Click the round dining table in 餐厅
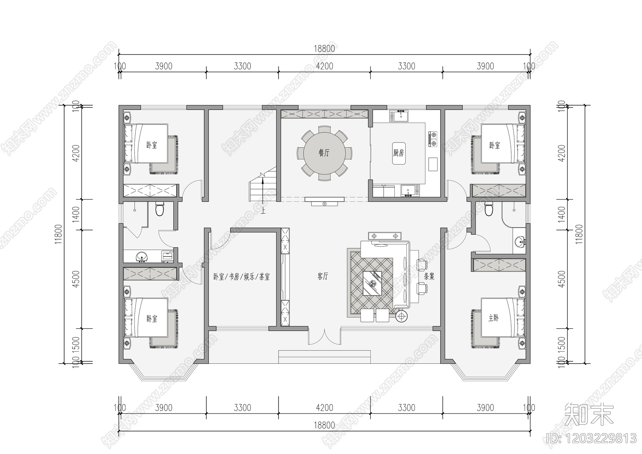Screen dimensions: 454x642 pyautogui.click(x=324, y=153)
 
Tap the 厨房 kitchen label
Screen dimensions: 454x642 pyautogui.click(x=398, y=153)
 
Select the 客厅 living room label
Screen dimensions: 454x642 pyautogui.click(x=323, y=277)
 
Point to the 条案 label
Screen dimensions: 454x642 pyautogui.click(x=429, y=277)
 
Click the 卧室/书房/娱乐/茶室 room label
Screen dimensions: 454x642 pyautogui.click(x=242, y=277)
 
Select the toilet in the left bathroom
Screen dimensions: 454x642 pyautogui.click(x=160, y=209)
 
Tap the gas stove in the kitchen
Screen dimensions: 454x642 pyautogui.click(x=433, y=138)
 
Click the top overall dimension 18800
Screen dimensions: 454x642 pyautogui.click(x=324, y=49)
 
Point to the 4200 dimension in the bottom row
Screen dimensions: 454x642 pyautogui.click(x=324, y=408)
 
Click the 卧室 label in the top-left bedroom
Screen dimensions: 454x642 pyautogui.click(x=152, y=145)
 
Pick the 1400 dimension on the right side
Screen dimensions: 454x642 pyautogui.click(x=562, y=214)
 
